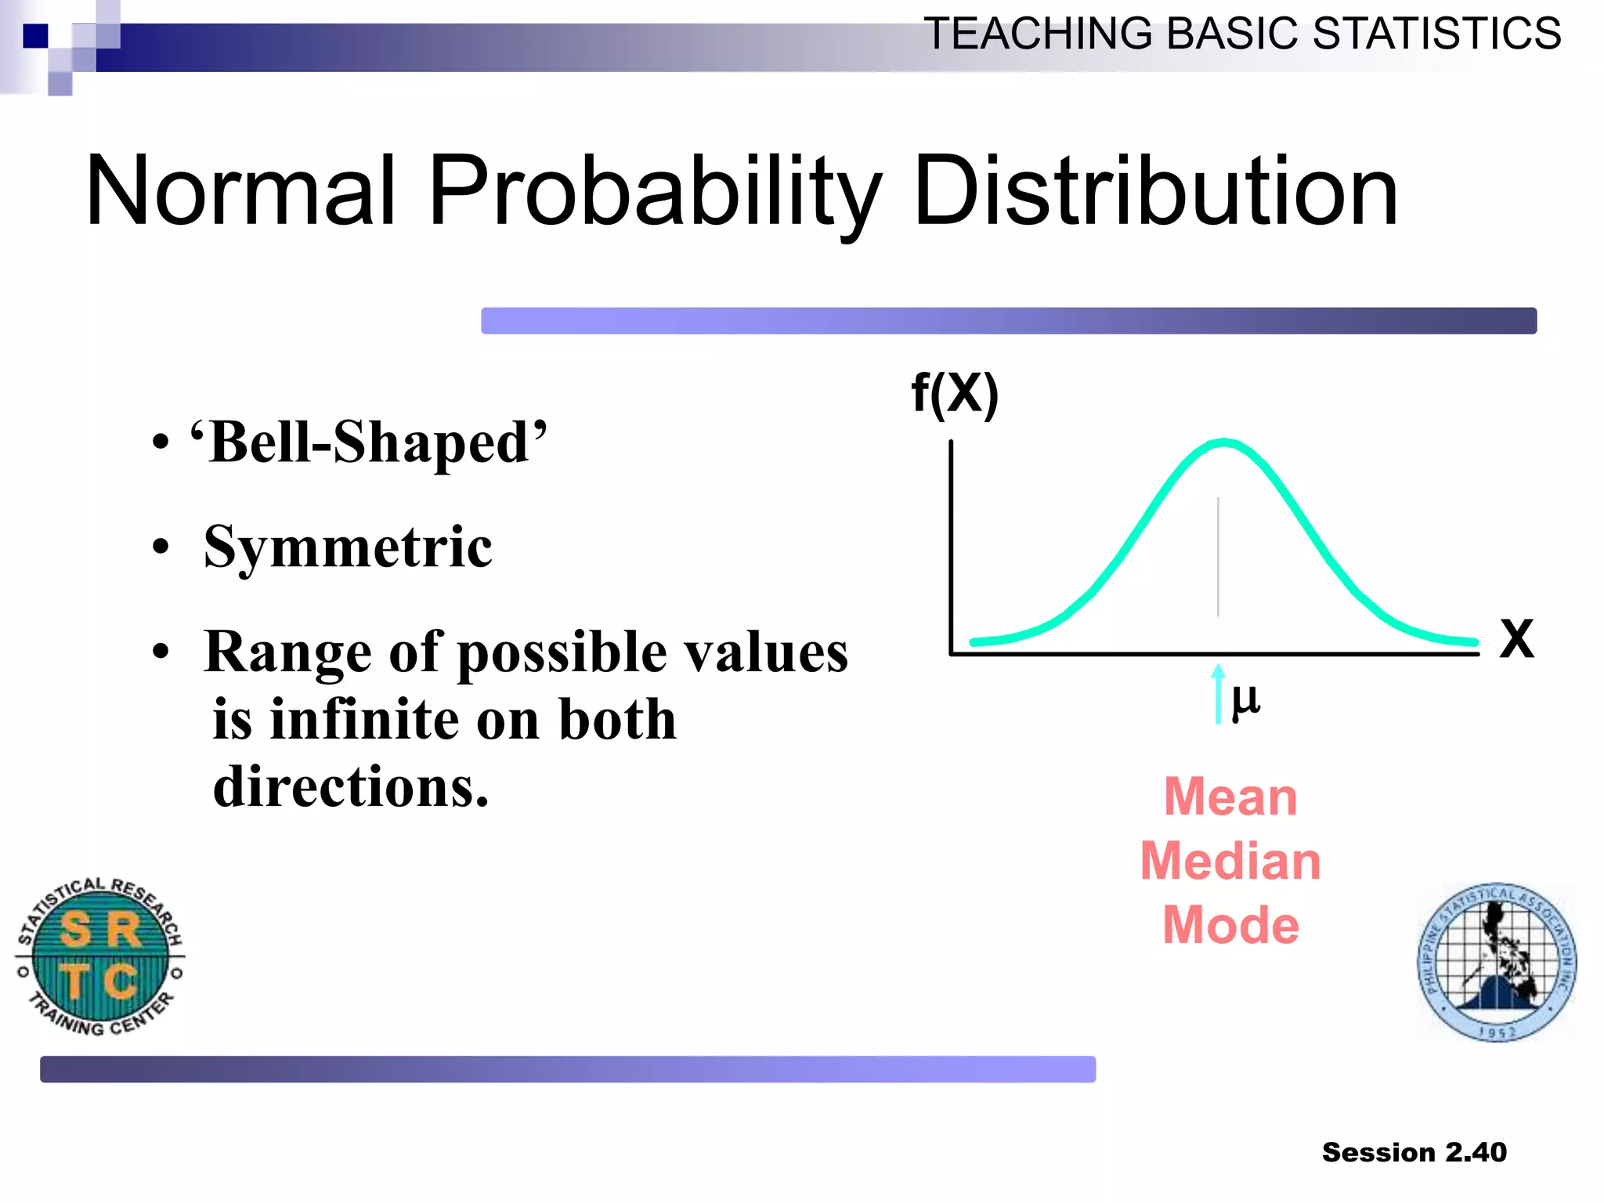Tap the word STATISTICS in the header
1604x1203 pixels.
[1436, 34]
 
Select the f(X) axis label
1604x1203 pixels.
[955, 393]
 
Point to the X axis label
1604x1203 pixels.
[1516, 639]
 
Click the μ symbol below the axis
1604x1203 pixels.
[1245, 699]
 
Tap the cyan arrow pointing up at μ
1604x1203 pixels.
[1218, 693]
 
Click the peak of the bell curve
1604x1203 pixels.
[1223, 443]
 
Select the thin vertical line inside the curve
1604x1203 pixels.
[1218, 556]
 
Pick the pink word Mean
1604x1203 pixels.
[1230, 797]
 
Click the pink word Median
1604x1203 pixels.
[1230, 862]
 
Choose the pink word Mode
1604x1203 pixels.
[1230, 926]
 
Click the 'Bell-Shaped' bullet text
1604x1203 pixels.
[368, 443]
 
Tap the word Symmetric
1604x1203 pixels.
[348, 547]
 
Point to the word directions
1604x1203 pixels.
[350, 786]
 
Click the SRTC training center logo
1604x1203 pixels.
[100, 956]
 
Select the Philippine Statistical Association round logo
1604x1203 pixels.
[1497, 962]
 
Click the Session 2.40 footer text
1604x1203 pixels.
[1414, 1152]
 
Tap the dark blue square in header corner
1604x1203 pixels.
[35, 36]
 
